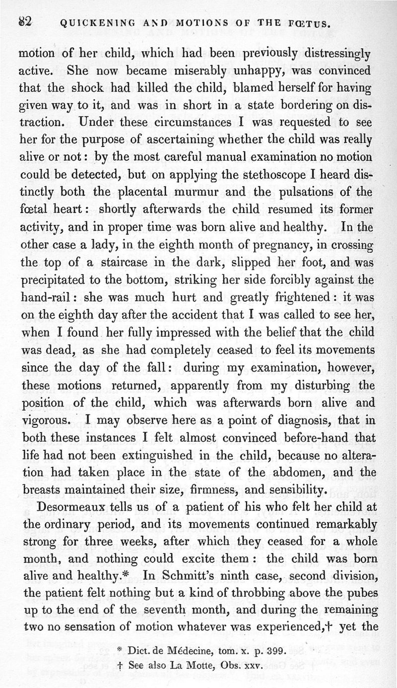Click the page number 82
click(25, 21)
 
